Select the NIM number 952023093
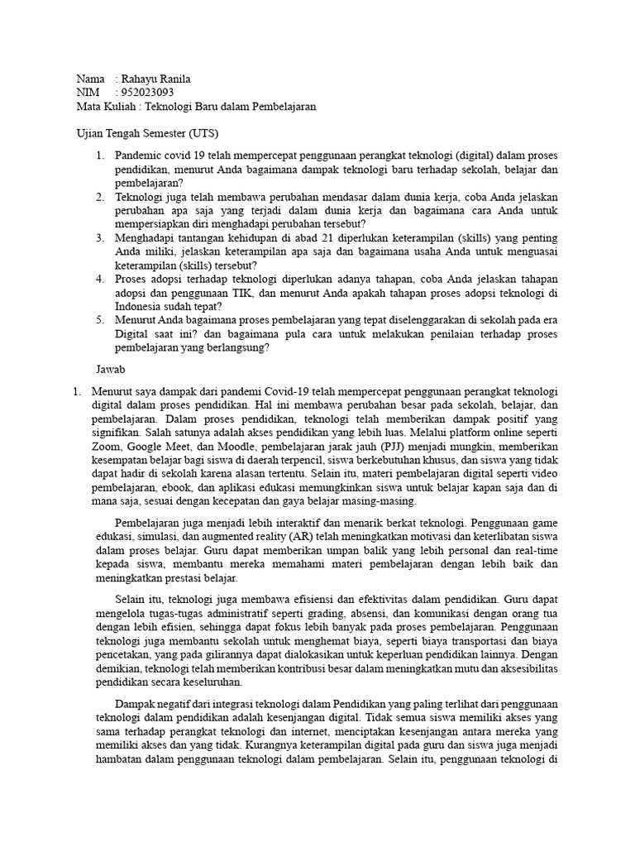pos(147,93)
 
